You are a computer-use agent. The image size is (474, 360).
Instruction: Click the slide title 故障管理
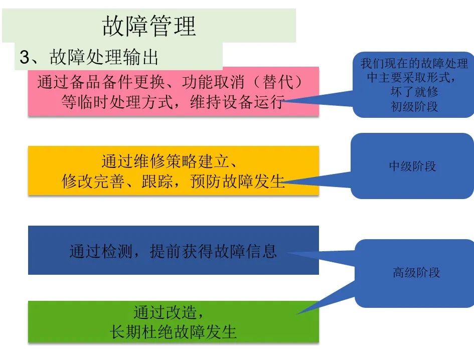click(148, 26)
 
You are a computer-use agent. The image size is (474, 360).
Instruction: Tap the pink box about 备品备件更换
click(173, 91)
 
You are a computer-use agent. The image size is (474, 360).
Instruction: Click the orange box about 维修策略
click(173, 170)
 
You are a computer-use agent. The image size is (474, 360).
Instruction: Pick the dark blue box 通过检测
click(173, 250)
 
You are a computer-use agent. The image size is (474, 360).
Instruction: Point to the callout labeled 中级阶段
click(412, 166)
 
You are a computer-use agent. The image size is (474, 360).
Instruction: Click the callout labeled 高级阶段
click(416, 273)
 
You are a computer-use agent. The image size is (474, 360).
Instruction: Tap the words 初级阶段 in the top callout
click(414, 106)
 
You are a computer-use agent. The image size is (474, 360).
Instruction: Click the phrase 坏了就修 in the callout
click(414, 92)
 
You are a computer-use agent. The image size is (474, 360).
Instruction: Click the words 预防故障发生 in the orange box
click(238, 181)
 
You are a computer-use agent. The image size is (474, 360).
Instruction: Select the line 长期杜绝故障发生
click(173, 332)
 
